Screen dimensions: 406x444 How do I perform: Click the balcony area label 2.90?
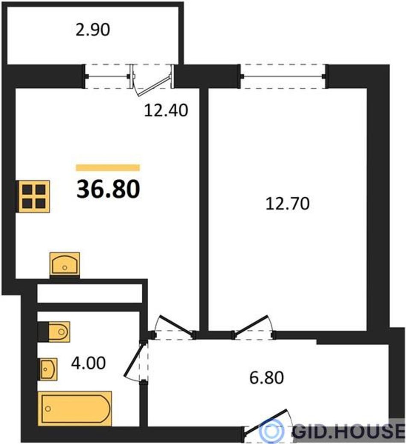pyautogui.click(x=92, y=30)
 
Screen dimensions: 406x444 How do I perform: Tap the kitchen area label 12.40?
pyautogui.click(x=166, y=110)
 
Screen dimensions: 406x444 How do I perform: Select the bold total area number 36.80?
pyautogui.click(x=108, y=189)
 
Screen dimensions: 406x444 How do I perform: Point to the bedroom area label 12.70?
pyautogui.click(x=288, y=204)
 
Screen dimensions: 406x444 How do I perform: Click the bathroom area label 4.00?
pyautogui.click(x=88, y=363)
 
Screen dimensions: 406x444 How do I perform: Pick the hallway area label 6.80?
pyautogui.click(x=266, y=378)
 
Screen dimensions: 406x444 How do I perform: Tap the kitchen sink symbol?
pyautogui.click(x=65, y=264)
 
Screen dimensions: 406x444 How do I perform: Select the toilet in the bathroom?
pyautogui.click(x=54, y=332)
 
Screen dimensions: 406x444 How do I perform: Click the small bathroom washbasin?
pyautogui.click(x=49, y=369)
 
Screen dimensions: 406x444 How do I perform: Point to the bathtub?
pyautogui.click(x=75, y=408)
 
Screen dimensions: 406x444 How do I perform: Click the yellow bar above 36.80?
pyautogui.click(x=108, y=168)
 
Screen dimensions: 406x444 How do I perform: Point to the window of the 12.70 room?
pyautogui.click(x=283, y=76)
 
